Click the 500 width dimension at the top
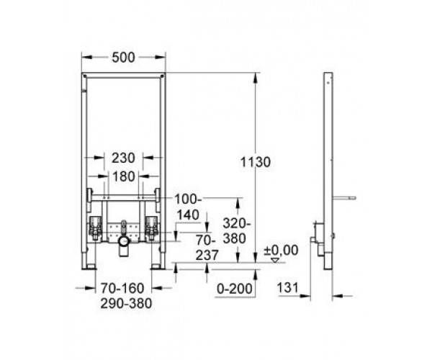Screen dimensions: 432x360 pyautogui.click(x=123, y=58)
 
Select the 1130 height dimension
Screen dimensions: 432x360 pyautogui.click(x=256, y=162)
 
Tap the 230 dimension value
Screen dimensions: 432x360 pyautogui.click(x=123, y=158)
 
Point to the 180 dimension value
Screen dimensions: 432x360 pyautogui.click(x=123, y=176)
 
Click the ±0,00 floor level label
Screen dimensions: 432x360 pyautogui.click(x=281, y=251)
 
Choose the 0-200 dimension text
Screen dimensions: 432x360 pyautogui.click(x=235, y=289)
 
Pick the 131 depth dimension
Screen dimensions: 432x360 pyautogui.click(x=287, y=288)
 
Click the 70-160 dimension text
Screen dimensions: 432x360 pyautogui.click(x=122, y=288)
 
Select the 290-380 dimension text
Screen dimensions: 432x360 pyautogui.click(x=126, y=303)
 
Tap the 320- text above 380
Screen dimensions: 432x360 pyautogui.click(x=237, y=223)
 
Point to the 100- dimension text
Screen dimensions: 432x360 pyautogui.click(x=189, y=199)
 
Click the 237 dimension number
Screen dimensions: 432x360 pyautogui.click(x=207, y=255)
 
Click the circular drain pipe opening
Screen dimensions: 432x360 pyautogui.click(x=124, y=241)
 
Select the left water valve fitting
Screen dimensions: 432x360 pyautogui.click(x=95, y=228)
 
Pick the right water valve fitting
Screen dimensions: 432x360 pyautogui.click(x=151, y=228)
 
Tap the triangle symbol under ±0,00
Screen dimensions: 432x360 pyautogui.click(x=275, y=260)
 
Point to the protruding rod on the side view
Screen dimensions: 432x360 pyautogui.click(x=344, y=198)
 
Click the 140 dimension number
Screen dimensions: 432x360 pyautogui.click(x=188, y=215)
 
